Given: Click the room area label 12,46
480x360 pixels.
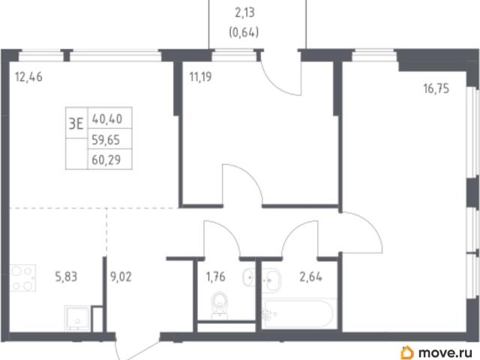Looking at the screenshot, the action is [28, 77].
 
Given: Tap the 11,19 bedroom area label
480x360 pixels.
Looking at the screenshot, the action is [200, 76].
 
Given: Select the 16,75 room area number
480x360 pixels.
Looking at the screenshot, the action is [436, 88].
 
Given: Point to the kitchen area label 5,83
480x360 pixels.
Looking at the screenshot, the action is [66, 277].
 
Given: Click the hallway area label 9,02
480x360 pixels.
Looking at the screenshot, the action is [121, 277].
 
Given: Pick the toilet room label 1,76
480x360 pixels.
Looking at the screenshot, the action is [216, 277].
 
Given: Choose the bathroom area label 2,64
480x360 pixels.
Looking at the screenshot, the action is [310, 277].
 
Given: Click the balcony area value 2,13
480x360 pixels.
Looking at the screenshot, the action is [244, 13].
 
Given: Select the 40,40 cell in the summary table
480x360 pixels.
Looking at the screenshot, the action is [107, 118].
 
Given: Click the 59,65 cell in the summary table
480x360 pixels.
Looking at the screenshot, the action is [106, 140].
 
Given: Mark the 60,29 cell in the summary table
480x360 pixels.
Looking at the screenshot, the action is [106, 160].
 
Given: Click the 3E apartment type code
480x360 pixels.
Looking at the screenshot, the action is [76, 124].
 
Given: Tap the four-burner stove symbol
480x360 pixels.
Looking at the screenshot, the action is [23, 278].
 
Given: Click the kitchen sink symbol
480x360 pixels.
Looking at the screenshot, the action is [78, 318].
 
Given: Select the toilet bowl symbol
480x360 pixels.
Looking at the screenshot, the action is [220, 305].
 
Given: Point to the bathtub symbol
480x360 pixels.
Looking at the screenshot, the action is [298, 313].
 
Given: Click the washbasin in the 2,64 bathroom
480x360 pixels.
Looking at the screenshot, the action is [271, 280].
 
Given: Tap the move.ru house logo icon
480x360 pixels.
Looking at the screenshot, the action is [407, 352].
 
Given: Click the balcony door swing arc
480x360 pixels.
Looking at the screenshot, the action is [277, 85].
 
